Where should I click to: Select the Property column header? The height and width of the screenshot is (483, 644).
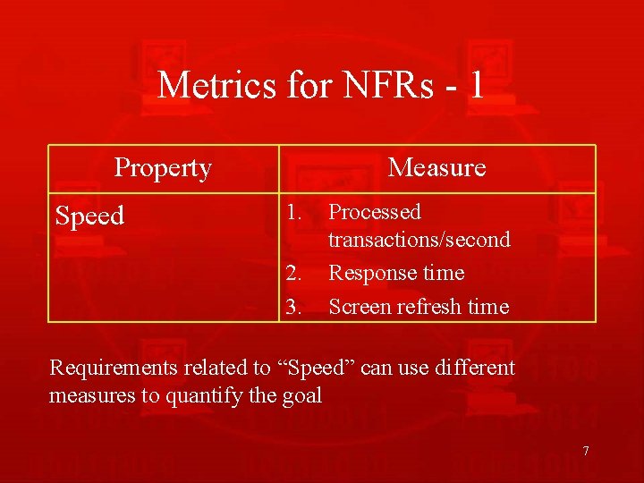coord(163,168)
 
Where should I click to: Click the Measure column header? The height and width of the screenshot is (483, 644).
coord(436,168)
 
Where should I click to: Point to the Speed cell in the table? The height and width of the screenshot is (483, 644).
coord(89,216)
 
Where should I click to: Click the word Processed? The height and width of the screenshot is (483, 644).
coord(375,212)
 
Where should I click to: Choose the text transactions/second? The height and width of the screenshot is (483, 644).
coord(419,240)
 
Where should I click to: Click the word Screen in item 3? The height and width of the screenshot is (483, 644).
coord(355,307)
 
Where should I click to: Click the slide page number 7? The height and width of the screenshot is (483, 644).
coord(586,451)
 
